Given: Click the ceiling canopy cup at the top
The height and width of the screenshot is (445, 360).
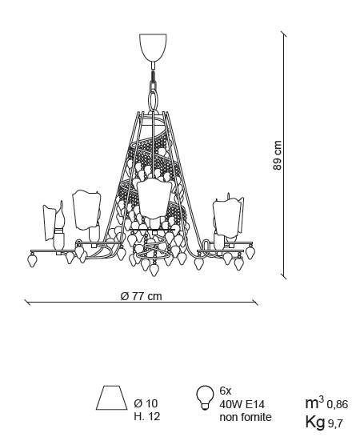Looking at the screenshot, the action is (153, 47).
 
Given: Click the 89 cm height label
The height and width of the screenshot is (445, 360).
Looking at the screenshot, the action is (277, 155).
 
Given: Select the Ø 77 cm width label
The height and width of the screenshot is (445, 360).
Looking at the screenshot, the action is (141, 296).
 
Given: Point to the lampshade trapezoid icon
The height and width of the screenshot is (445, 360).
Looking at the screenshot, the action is (112, 397).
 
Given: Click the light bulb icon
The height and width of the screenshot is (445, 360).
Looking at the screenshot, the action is (205, 397).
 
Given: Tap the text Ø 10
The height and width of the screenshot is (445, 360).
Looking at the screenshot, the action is (146, 403).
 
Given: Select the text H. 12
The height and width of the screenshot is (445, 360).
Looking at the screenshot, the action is (146, 416).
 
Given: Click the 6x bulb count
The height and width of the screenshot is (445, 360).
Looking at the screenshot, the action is (226, 391).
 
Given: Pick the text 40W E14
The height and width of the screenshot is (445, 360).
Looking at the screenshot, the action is (242, 404).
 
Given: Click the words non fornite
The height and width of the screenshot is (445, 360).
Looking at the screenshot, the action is (246, 417).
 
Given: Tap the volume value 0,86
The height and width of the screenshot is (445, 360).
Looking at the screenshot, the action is (338, 404).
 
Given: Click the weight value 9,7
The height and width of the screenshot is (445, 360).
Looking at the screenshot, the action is (335, 423).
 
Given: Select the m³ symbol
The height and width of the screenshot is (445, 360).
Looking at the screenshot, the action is (314, 402).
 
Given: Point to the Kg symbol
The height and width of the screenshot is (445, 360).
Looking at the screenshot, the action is (315, 423).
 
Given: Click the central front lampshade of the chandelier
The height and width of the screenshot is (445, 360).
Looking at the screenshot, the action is (154, 199).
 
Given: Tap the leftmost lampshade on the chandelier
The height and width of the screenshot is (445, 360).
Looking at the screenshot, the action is (50, 222).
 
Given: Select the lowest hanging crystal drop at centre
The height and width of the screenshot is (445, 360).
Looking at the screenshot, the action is (154, 270).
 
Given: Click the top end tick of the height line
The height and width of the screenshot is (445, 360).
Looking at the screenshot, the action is (283, 34).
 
